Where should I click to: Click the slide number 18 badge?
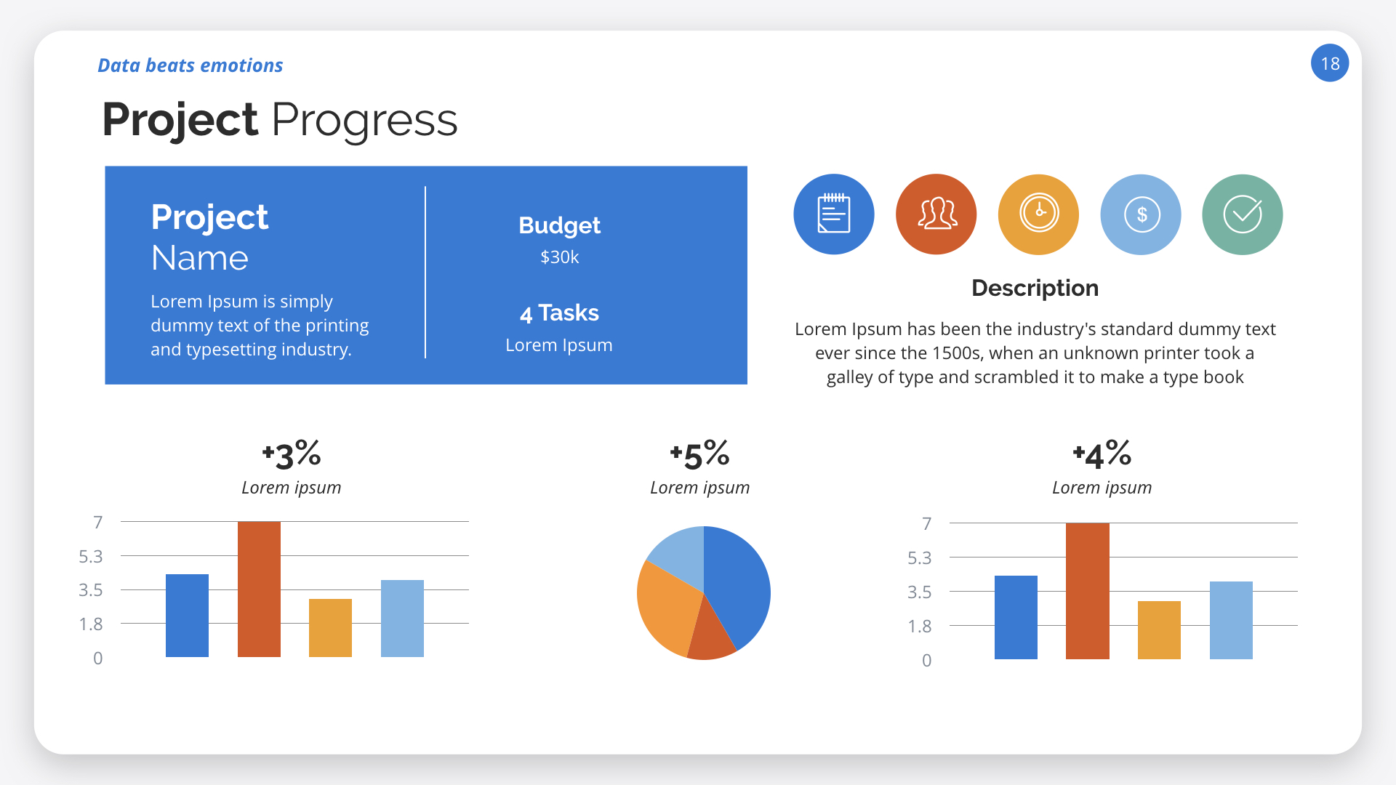(x=1329, y=63)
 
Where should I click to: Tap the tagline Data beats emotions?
(x=190, y=65)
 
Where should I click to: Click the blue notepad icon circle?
(x=833, y=214)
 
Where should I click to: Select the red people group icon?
(x=936, y=214)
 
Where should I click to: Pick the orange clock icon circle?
(x=1038, y=214)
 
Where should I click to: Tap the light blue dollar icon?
(x=1141, y=214)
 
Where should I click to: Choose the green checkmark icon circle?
(x=1243, y=214)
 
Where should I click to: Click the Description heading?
(x=1035, y=288)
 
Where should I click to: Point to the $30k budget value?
(x=559, y=257)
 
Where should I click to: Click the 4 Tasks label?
(x=559, y=313)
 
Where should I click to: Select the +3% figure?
(x=291, y=455)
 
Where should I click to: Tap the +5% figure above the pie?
(x=699, y=455)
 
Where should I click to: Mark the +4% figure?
(x=1102, y=455)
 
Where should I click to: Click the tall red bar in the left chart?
(x=259, y=589)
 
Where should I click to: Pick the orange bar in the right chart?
(x=1159, y=630)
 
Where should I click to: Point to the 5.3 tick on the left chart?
(x=91, y=557)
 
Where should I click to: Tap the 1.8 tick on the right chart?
(x=919, y=627)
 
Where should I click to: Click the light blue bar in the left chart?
(x=402, y=619)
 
